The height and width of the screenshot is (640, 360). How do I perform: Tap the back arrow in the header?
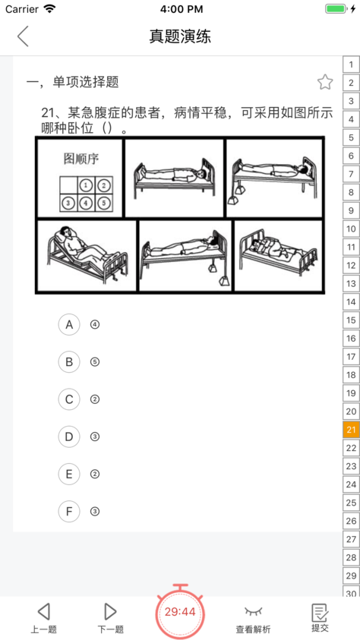point(23,36)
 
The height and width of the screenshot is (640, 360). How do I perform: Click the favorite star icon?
point(325,83)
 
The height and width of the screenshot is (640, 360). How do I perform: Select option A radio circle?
point(69,324)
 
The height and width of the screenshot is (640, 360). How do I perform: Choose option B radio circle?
point(69,362)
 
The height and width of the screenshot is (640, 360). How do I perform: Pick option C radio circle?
point(69,399)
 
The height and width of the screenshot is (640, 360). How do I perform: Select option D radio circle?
point(69,437)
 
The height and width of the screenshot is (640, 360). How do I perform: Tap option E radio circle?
point(69,474)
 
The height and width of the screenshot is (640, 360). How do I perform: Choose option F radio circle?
point(69,512)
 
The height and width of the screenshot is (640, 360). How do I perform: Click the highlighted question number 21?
point(351,430)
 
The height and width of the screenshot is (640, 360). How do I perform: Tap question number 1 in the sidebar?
point(351,65)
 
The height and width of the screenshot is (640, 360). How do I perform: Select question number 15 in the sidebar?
point(351,320)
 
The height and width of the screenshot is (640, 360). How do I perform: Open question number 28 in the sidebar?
point(351,557)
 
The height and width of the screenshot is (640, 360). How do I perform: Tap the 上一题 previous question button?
point(44,618)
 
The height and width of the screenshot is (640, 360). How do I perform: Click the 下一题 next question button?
point(110,618)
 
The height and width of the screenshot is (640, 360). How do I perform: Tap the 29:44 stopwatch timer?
point(180,611)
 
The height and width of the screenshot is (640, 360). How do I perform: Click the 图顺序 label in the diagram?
point(81,159)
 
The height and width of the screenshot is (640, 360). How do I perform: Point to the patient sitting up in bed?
point(87,251)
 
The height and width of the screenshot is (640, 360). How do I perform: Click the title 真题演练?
point(180,36)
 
